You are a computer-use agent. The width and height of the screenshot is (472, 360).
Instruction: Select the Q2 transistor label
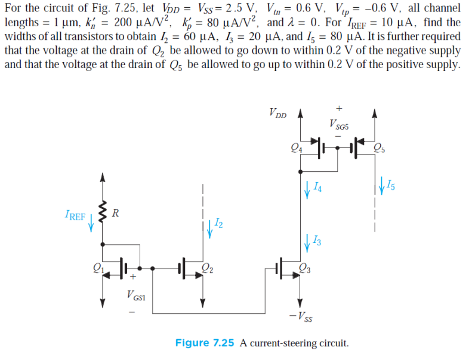[208, 269]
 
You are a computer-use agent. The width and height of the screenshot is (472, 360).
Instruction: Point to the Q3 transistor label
[304, 269]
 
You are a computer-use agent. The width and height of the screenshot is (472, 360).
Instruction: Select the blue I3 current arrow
[307, 242]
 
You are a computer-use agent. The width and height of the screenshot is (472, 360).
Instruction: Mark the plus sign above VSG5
[339, 109]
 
